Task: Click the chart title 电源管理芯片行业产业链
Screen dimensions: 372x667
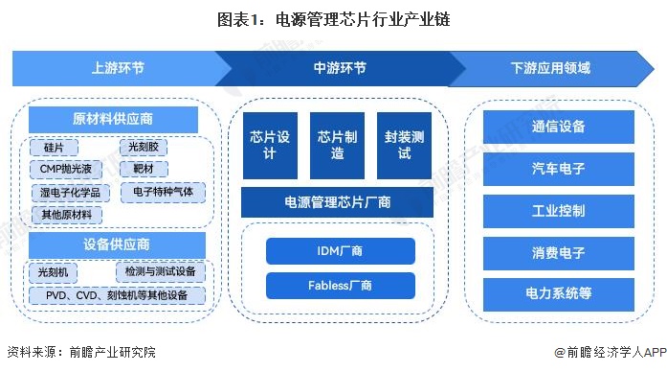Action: pos(335,17)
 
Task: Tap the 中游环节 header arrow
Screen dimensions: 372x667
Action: pos(339,68)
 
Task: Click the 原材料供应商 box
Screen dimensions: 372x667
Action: pos(113,120)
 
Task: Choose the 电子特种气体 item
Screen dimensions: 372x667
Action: pos(163,192)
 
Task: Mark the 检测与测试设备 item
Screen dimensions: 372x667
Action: pos(159,272)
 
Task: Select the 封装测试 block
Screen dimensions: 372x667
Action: pos(404,146)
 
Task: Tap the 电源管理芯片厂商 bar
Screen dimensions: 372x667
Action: pos(338,202)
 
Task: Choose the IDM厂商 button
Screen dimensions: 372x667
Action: pos(340,251)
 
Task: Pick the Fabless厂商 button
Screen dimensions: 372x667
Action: pos(340,286)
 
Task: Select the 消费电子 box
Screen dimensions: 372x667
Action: pos(558,253)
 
